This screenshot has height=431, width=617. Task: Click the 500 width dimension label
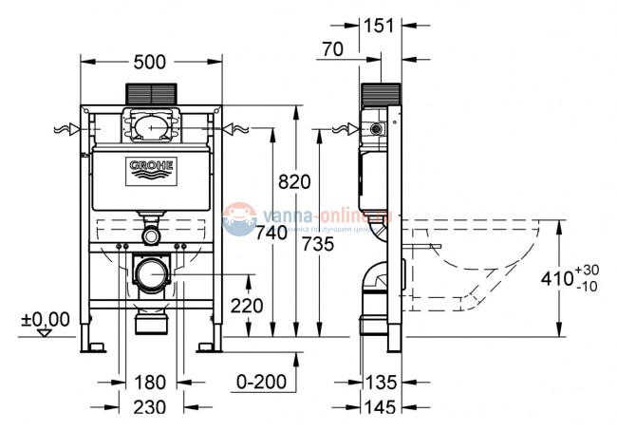150,62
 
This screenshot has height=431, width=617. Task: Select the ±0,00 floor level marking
45,319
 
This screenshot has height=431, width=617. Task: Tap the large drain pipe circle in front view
150,276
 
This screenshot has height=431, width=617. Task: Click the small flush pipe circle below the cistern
150,234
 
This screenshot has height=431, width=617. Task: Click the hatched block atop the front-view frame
150,96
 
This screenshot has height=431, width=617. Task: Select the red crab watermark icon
238,219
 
